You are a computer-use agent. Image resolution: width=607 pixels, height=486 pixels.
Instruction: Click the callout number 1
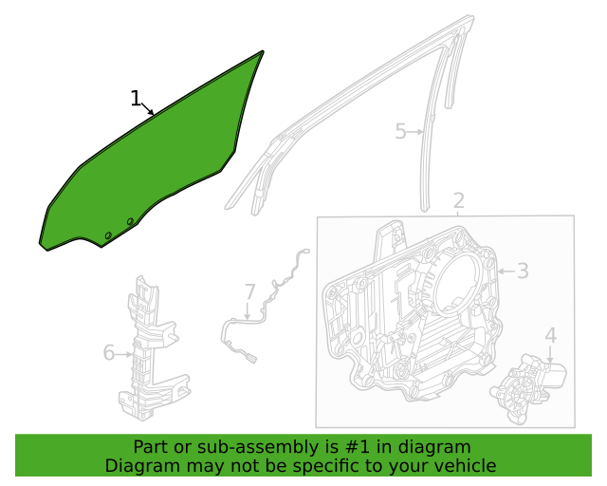[x=135, y=98]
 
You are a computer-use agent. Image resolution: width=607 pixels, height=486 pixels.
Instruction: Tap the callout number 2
[x=458, y=200]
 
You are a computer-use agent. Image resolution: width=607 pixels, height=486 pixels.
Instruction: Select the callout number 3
[x=523, y=271]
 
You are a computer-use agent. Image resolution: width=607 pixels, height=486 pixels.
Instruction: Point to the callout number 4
[x=550, y=335]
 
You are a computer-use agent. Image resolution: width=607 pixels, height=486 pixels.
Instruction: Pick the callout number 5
[x=400, y=131]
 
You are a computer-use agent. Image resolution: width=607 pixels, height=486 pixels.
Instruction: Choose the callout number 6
[x=109, y=353]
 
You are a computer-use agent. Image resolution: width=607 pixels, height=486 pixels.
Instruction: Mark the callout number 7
[x=250, y=291]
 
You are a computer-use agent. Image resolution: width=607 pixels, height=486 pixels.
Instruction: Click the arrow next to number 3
[x=506, y=271]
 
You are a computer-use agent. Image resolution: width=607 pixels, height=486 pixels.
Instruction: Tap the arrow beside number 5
[x=415, y=132]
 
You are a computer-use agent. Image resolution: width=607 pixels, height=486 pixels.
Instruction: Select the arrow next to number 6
[x=123, y=354]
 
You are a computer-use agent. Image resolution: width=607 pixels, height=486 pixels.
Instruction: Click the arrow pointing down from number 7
[x=248, y=310]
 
